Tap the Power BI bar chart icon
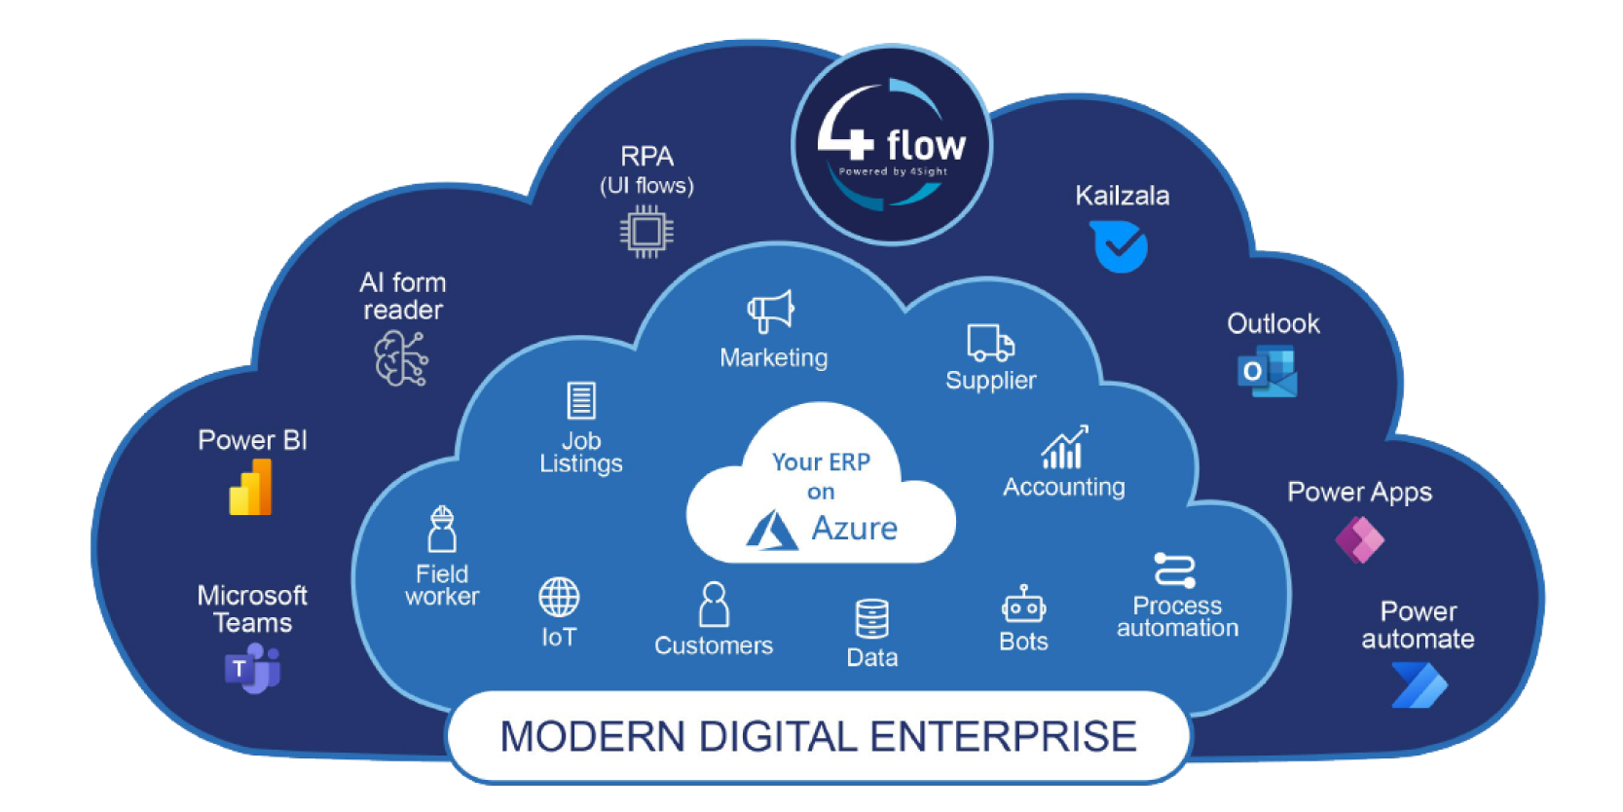tap(251, 487)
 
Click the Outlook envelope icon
tap(1268, 372)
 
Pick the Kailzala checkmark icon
tap(1120, 246)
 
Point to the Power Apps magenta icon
tap(1359, 539)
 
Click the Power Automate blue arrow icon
tap(1420, 684)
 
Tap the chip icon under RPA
tap(646, 232)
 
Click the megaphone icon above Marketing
tap(771, 312)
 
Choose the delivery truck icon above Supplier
tap(990, 343)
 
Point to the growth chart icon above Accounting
tap(1063, 448)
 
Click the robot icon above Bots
tap(1023, 605)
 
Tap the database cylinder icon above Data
tap(871, 618)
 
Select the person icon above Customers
tap(714, 605)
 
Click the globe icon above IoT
tap(559, 597)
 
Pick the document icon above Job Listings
tap(581, 400)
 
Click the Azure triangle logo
tap(772, 530)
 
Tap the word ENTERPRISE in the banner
tap(1003, 737)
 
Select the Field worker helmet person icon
tap(442, 530)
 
